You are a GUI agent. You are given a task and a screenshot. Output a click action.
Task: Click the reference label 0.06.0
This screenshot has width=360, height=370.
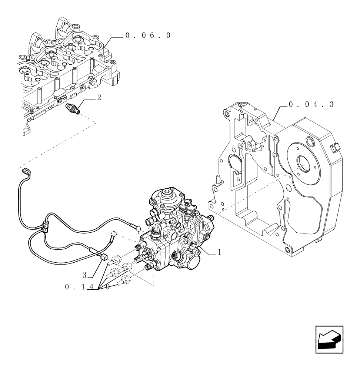[x=148, y=36]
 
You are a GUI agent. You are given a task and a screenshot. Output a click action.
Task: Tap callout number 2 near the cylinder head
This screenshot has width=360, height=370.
[x=99, y=98]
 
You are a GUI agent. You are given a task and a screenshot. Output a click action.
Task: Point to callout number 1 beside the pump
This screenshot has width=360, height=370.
[x=219, y=252]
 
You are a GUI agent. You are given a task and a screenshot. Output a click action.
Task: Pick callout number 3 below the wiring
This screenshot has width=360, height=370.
[x=84, y=275]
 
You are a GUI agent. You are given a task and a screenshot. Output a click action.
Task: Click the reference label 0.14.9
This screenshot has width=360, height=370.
[x=87, y=287]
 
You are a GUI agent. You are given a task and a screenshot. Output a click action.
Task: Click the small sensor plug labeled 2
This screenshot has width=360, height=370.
[x=72, y=108]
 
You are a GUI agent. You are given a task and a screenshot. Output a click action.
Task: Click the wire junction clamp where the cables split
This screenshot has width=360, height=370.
[x=46, y=226]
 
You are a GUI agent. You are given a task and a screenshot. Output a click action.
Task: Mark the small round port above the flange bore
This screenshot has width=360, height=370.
[x=310, y=141]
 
